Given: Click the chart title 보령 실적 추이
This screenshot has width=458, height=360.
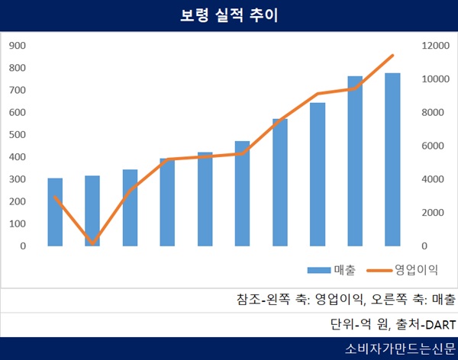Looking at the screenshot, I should (228, 16).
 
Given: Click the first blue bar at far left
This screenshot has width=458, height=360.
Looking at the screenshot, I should (55, 212).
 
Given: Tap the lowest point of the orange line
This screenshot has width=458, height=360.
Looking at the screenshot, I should (92, 243).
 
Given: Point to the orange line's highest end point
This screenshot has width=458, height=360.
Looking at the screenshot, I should (392, 55).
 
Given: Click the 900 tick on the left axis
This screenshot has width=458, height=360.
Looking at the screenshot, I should (17, 46).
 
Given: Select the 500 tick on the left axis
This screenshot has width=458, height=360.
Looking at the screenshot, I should (17, 135).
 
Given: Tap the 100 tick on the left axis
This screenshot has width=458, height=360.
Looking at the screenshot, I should (17, 224).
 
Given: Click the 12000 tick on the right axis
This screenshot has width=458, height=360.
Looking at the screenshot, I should (431, 46).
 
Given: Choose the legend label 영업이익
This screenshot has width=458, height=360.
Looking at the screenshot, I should (415, 269).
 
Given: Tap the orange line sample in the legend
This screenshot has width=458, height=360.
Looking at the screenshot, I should (379, 270).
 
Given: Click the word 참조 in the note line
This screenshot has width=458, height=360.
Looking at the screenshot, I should (247, 299).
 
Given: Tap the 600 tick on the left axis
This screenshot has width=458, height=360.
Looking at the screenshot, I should (17, 113).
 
